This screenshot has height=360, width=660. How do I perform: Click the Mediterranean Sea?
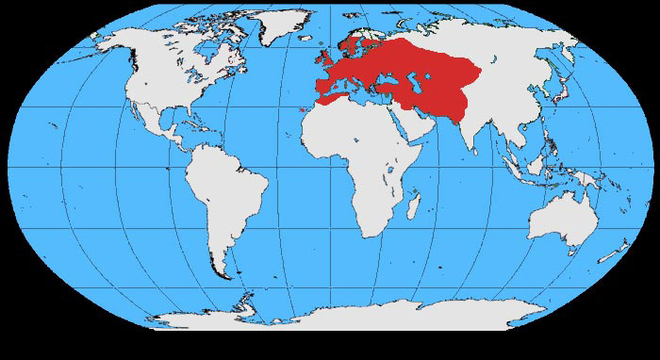pos(363,97)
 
